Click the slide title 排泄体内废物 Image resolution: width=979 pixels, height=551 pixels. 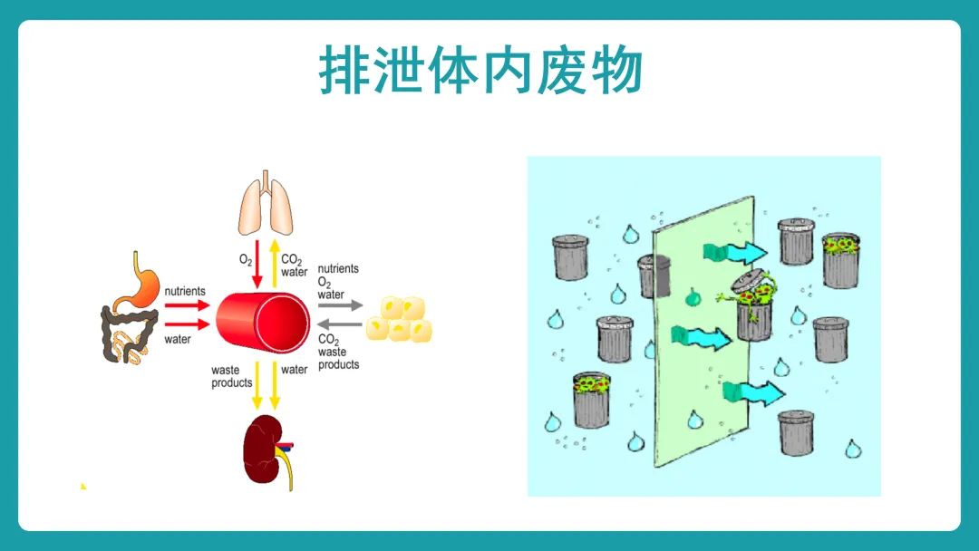(x=480, y=70)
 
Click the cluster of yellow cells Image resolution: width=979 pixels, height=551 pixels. (x=399, y=320)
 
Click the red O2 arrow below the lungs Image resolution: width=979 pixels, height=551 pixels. (x=257, y=264)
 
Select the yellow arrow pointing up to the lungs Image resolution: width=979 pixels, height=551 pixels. (x=274, y=264)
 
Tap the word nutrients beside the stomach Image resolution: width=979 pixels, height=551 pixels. (x=185, y=292)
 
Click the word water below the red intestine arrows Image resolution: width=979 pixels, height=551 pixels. (x=178, y=340)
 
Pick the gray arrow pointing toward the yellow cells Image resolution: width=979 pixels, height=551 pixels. (x=340, y=305)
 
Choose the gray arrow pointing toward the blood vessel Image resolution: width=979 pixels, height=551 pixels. (x=340, y=324)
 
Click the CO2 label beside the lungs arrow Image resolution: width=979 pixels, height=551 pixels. (x=292, y=259)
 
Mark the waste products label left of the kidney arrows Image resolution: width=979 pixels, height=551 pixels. (x=232, y=376)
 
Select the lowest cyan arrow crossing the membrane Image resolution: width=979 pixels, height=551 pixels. (x=753, y=393)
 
